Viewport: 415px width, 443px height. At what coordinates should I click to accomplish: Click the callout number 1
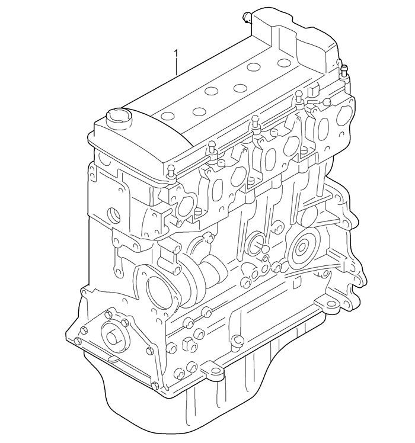click(x=175, y=54)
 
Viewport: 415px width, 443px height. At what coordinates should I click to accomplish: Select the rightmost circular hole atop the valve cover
click(x=284, y=62)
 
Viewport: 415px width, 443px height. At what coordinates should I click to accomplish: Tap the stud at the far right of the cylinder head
click(x=343, y=71)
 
